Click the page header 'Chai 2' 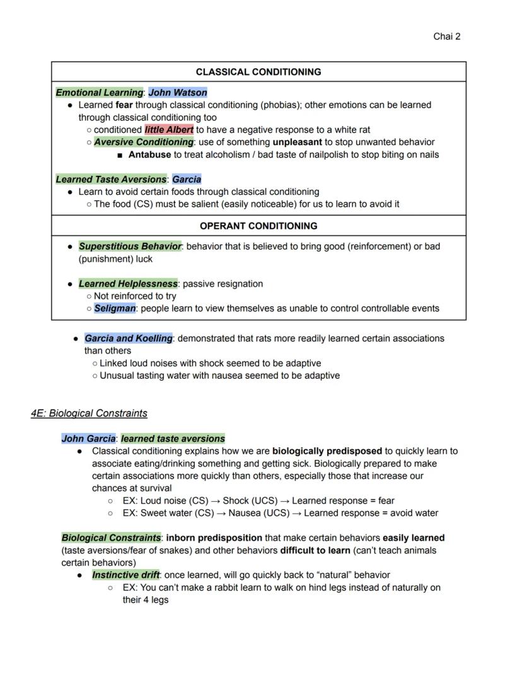coord(446,37)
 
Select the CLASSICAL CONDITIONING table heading coord(258,72)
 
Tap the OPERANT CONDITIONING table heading coord(258,226)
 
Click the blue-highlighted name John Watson coord(178,93)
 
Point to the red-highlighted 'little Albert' coord(169,130)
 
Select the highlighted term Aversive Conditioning coord(144,142)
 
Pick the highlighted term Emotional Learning coord(100,93)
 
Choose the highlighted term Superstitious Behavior coord(130,246)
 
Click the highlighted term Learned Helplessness coord(128,284)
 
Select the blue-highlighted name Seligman coord(115,308)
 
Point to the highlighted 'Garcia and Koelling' coord(129,338)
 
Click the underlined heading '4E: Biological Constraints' coord(89,413)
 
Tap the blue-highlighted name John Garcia coord(88,439)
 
